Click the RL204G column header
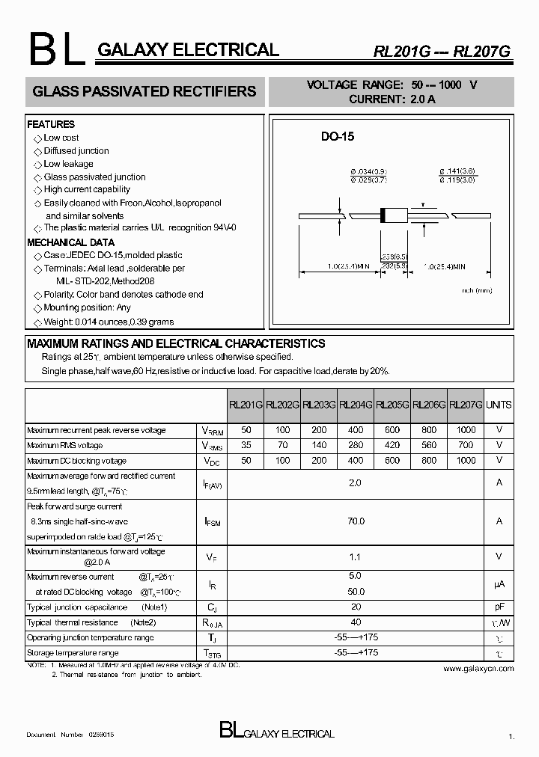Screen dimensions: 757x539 click(x=356, y=405)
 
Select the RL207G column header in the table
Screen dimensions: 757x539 click(x=466, y=405)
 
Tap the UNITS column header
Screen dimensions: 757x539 click(x=499, y=405)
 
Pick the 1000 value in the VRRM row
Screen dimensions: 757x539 click(x=466, y=431)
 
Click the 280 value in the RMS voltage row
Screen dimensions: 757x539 click(x=356, y=446)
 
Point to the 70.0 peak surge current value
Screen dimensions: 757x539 click(x=356, y=521)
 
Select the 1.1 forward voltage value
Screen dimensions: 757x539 click(x=356, y=557)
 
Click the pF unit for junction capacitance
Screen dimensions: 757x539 click(x=499, y=608)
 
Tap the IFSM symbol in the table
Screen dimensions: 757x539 click(x=212, y=521)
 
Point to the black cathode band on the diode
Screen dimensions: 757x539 click(x=384, y=215)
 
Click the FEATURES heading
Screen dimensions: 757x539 click(x=51, y=124)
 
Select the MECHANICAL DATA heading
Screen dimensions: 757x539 click(x=70, y=242)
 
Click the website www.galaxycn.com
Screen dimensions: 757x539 click(x=479, y=669)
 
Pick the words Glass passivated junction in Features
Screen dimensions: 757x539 click(x=94, y=177)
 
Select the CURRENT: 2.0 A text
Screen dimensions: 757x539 click(x=392, y=99)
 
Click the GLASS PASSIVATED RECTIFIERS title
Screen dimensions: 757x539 click(x=144, y=92)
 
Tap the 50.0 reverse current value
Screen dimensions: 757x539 click(x=356, y=592)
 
